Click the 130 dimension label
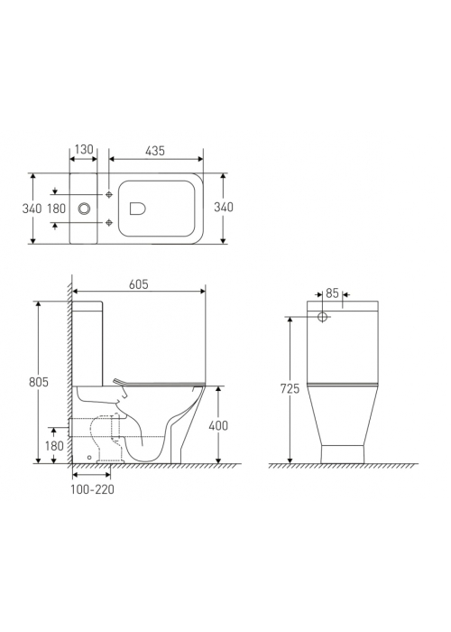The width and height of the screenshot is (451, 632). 84,150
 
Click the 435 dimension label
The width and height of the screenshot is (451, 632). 155,151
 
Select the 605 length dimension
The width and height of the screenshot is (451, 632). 139,284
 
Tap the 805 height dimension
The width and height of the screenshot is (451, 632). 39,382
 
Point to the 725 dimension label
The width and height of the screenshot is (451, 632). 290,388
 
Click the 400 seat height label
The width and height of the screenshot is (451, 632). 218,425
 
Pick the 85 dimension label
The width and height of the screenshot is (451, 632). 332,293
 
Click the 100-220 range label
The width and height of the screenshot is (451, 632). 92,489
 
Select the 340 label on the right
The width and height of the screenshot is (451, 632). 224,207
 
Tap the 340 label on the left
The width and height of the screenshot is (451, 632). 32,209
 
